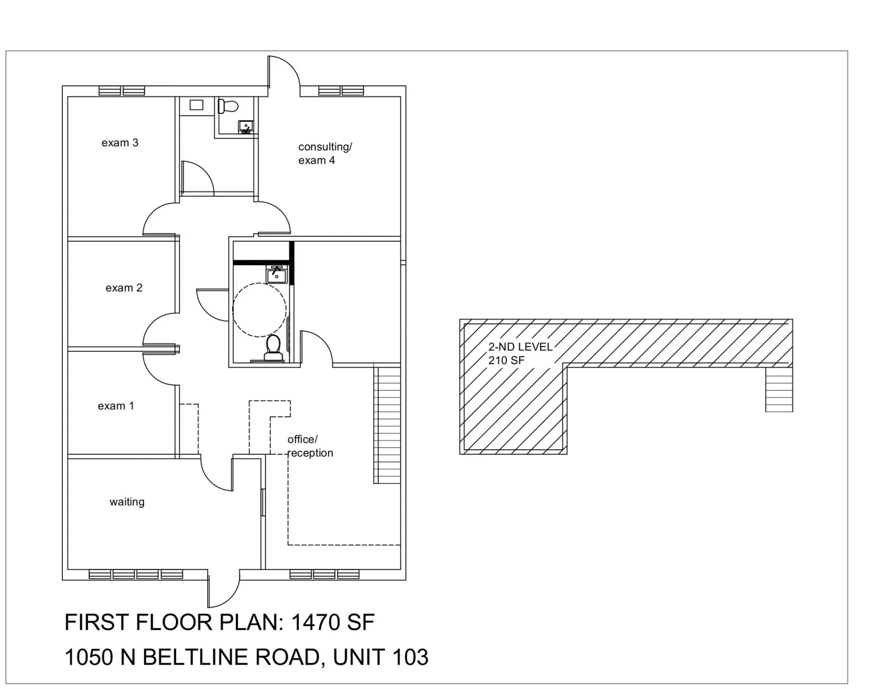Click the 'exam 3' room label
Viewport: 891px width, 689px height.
coord(120,143)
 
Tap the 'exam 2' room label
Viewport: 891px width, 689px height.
coord(124,288)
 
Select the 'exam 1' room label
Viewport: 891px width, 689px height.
coord(116,406)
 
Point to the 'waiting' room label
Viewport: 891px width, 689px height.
coord(127,502)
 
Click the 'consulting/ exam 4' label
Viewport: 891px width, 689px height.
coord(325,153)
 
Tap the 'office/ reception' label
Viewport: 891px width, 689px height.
coord(310,446)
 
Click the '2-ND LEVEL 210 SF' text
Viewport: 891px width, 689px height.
coord(520,353)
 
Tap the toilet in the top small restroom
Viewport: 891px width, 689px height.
coord(228,106)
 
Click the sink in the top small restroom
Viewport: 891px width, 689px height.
coord(245,126)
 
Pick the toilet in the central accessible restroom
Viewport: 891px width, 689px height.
coord(273,348)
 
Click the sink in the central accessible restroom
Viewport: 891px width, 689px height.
coord(276,274)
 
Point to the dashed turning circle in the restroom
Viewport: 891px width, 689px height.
coord(259,310)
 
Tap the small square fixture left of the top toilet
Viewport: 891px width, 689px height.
coord(196,105)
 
